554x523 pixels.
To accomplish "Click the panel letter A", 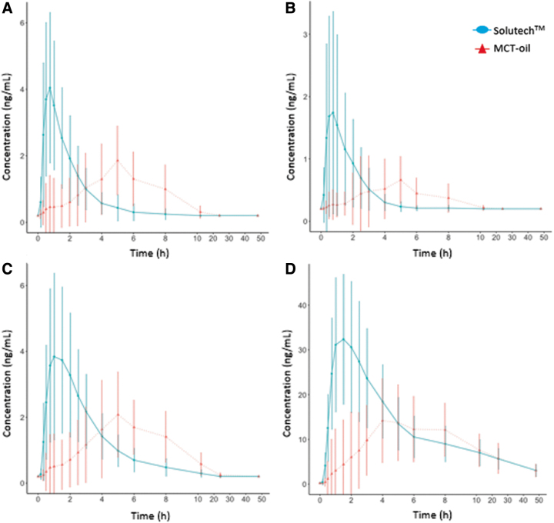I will tap(7, 8).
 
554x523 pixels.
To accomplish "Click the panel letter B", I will tap(290, 8).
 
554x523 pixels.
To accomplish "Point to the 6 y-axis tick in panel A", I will tap(24, 22).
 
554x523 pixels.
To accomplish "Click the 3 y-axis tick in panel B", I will tap(306, 35).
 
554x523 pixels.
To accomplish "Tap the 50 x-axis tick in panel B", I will tap(543, 231).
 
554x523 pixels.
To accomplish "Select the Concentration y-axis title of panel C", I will tap(8, 378).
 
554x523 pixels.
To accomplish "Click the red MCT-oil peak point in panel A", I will tap(118, 160).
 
